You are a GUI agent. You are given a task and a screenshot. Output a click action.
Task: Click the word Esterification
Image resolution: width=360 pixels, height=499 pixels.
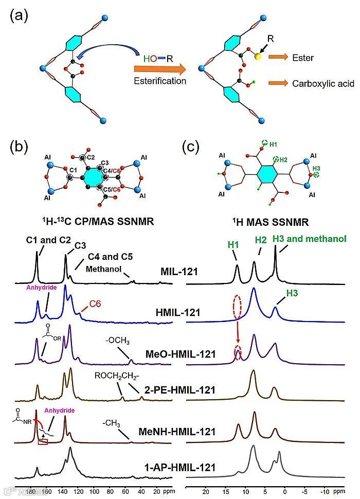pos(160,81)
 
